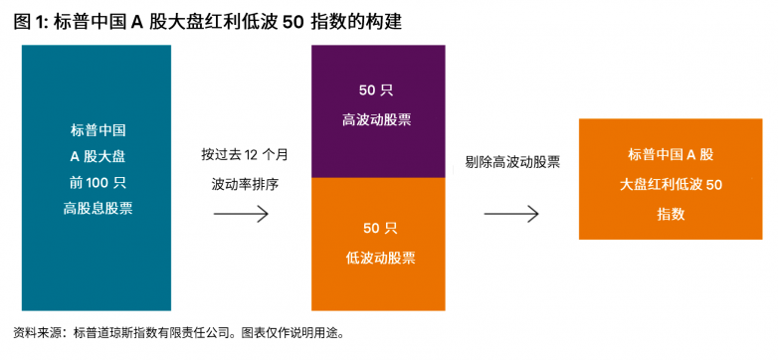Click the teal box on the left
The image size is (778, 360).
pos(97,178)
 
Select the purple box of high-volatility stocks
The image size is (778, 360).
pos(378,111)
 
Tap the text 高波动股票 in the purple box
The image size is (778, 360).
pos(377,120)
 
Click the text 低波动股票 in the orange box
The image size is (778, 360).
pos(381,258)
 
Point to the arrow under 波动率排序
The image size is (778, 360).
pos(241,214)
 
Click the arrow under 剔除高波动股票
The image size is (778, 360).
pos(511,214)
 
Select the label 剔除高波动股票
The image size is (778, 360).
pos(512,162)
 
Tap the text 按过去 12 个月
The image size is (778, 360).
pos(244,154)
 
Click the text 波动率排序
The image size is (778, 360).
pos(245,185)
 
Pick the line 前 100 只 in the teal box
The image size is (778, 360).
pos(97,183)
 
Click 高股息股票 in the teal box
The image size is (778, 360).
pos(97,209)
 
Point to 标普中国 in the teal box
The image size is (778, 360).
pos(97,131)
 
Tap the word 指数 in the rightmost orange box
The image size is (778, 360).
pos(671,214)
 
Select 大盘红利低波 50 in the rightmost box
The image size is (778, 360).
pos(671,185)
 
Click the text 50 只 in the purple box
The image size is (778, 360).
pos(377,90)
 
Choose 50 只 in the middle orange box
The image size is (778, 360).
pos(381,228)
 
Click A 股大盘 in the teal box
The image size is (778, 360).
pos(97,157)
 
